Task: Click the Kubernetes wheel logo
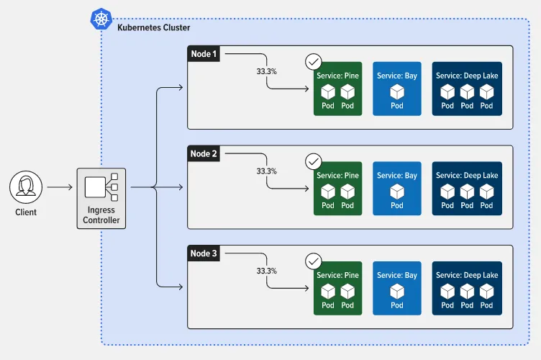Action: point(101,19)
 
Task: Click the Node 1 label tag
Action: point(204,54)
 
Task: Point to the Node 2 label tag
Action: point(204,153)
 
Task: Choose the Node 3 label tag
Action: point(204,253)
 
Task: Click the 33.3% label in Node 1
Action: point(267,72)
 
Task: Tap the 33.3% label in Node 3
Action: point(267,271)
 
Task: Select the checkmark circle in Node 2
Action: point(314,161)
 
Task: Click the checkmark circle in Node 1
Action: point(314,61)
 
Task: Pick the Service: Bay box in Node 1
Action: point(396,89)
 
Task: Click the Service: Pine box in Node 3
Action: point(337,289)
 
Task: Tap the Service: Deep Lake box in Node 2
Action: point(467,189)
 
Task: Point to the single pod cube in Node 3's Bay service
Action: point(397,292)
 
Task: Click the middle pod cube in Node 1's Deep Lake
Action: point(467,92)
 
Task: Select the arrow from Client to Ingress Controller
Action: point(60,188)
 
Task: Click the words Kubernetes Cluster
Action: point(153,27)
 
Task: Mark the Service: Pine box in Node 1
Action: point(337,89)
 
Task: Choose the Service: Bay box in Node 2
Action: point(396,189)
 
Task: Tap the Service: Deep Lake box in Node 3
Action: point(467,289)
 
